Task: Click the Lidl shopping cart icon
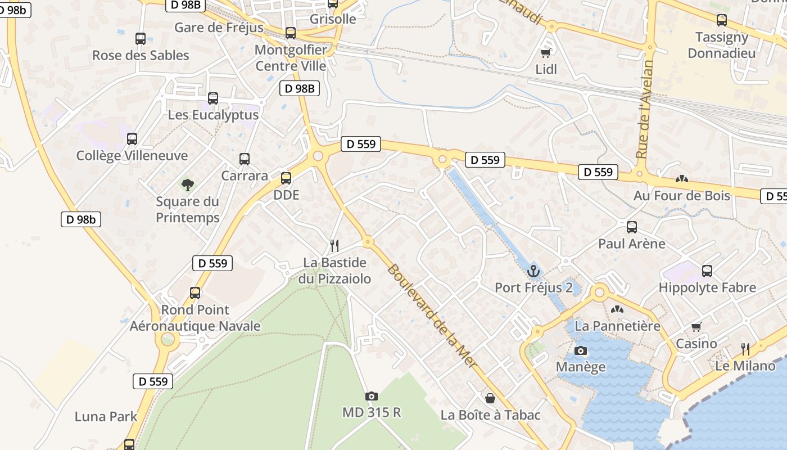[x=545, y=53]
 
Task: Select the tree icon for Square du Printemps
[x=187, y=184]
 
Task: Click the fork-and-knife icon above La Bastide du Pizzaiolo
[x=334, y=246]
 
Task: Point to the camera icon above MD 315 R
[x=371, y=396]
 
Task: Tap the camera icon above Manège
[x=581, y=351]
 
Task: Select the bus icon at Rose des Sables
[x=141, y=39]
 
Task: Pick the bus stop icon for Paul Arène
[x=632, y=227]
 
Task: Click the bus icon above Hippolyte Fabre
[x=707, y=271]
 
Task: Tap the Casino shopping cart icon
[x=696, y=327]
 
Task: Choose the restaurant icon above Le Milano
[x=745, y=349]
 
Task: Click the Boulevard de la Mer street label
[x=432, y=317]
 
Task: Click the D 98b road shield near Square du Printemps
[x=81, y=219]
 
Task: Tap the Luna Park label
[x=106, y=417]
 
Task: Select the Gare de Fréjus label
[x=219, y=28]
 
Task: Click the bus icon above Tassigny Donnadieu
[x=722, y=20]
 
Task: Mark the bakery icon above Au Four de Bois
[x=682, y=179]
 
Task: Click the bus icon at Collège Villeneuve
[x=132, y=139]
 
